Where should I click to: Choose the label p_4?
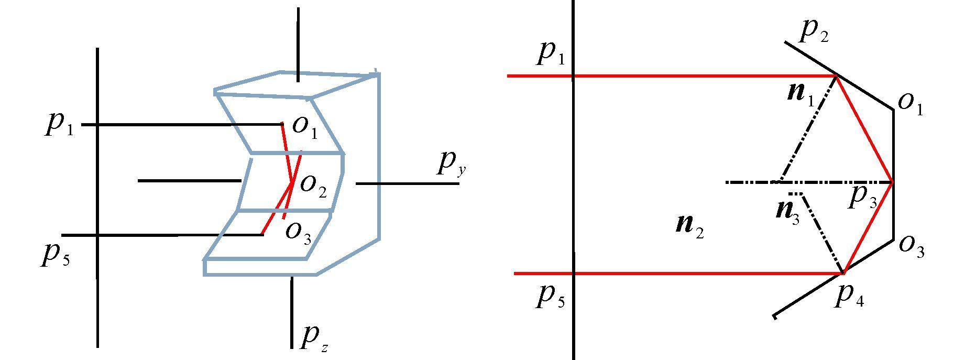(849, 297)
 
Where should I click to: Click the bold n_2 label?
(689, 226)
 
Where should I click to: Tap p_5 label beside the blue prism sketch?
(55, 255)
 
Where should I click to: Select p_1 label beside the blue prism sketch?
(59, 125)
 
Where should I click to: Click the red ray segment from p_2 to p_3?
(864, 129)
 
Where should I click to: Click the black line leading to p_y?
(398, 183)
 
